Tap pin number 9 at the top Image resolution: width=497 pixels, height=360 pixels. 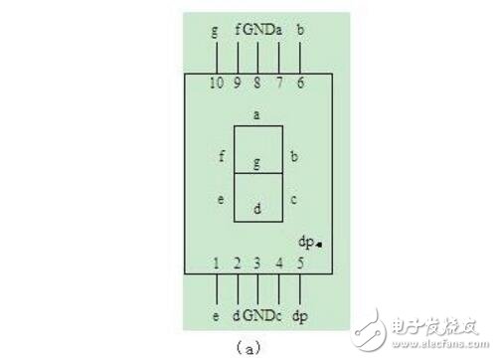[238, 83]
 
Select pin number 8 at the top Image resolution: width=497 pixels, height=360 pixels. [257, 83]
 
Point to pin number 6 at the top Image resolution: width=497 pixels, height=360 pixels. [300, 83]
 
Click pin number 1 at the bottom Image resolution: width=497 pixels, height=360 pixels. [217, 264]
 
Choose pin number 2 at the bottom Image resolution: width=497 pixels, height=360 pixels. [238, 264]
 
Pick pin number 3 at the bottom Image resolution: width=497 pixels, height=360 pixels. [257, 264]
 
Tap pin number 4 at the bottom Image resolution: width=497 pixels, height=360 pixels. [279, 264]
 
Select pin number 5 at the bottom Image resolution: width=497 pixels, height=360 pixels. [300, 264]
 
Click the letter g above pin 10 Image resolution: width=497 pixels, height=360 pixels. [215, 30]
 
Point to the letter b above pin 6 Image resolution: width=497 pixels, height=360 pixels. [300, 30]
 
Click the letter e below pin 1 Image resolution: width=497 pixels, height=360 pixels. [217, 315]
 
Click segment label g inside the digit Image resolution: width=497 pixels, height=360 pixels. [256, 161]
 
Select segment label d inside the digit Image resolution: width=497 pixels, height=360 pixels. [256, 209]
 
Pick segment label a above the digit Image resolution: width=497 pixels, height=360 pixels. [256, 114]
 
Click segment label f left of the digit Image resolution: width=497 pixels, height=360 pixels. [222, 156]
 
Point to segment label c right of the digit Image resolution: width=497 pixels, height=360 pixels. [293, 200]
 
